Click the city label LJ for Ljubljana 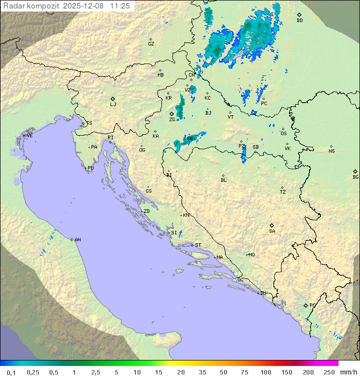click(x=113, y=105)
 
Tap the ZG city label click(x=172, y=120)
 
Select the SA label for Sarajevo click(x=272, y=231)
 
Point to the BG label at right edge click(x=355, y=177)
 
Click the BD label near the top click(x=299, y=21)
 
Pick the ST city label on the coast click(x=198, y=245)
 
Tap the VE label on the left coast click(x=29, y=136)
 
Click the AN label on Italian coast click(x=77, y=240)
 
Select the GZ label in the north click(x=151, y=44)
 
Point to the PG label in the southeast click(x=312, y=305)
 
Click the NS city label click(x=331, y=151)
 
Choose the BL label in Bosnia click(x=223, y=180)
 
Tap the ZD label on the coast click(x=146, y=211)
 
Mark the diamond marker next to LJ click(x=113, y=99)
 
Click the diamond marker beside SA click(x=272, y=225)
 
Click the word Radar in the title click(x=14, y=6)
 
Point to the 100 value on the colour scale click(x=265, y=372)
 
